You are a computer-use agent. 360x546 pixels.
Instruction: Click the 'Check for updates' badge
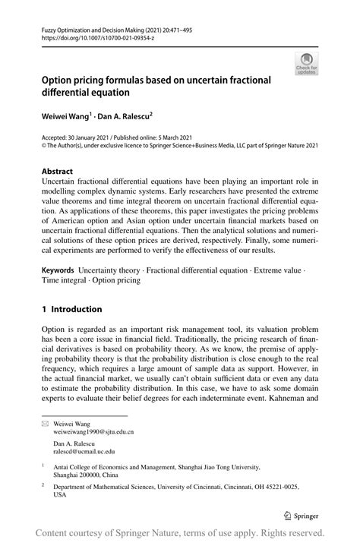(307, 64)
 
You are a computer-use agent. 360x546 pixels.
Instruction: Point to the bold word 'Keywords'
(57, 270)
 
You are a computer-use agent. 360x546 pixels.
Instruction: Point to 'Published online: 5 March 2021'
(159, 138)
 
